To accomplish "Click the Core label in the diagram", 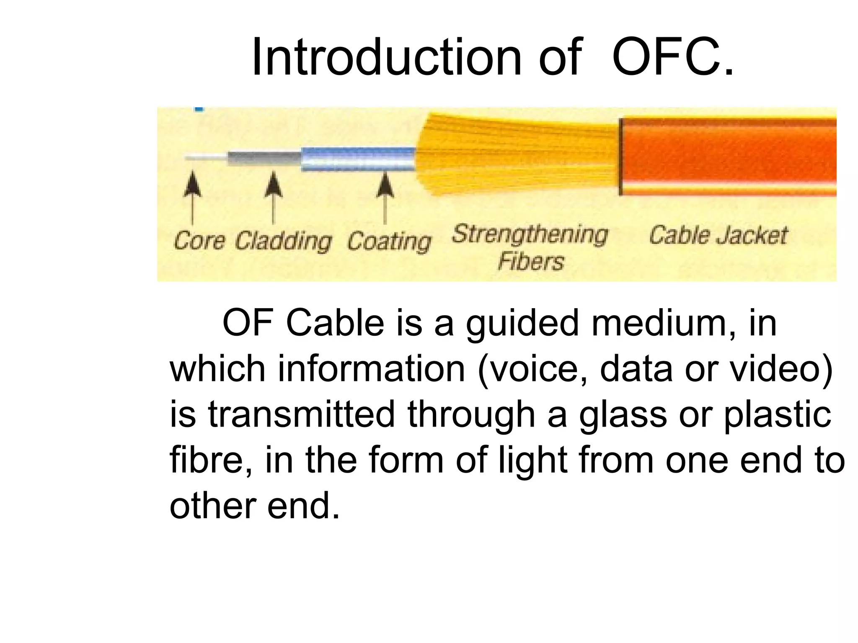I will tap(199, 241).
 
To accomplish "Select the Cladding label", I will tap(283, 242).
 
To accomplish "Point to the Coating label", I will tap(389, 242).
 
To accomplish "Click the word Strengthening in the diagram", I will tap(530, 234).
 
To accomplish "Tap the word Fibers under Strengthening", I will tap(531, 262).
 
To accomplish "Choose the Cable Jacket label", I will tap(718, 235).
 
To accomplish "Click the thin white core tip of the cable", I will tap(205, 158).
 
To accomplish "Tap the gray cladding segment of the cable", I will tap(264, 159).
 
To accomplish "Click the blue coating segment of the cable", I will tap(358, 159).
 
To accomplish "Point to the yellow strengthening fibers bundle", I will tap(515, 155).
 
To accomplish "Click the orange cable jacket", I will tap(729, 157).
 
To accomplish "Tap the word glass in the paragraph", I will tap(623, 414).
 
